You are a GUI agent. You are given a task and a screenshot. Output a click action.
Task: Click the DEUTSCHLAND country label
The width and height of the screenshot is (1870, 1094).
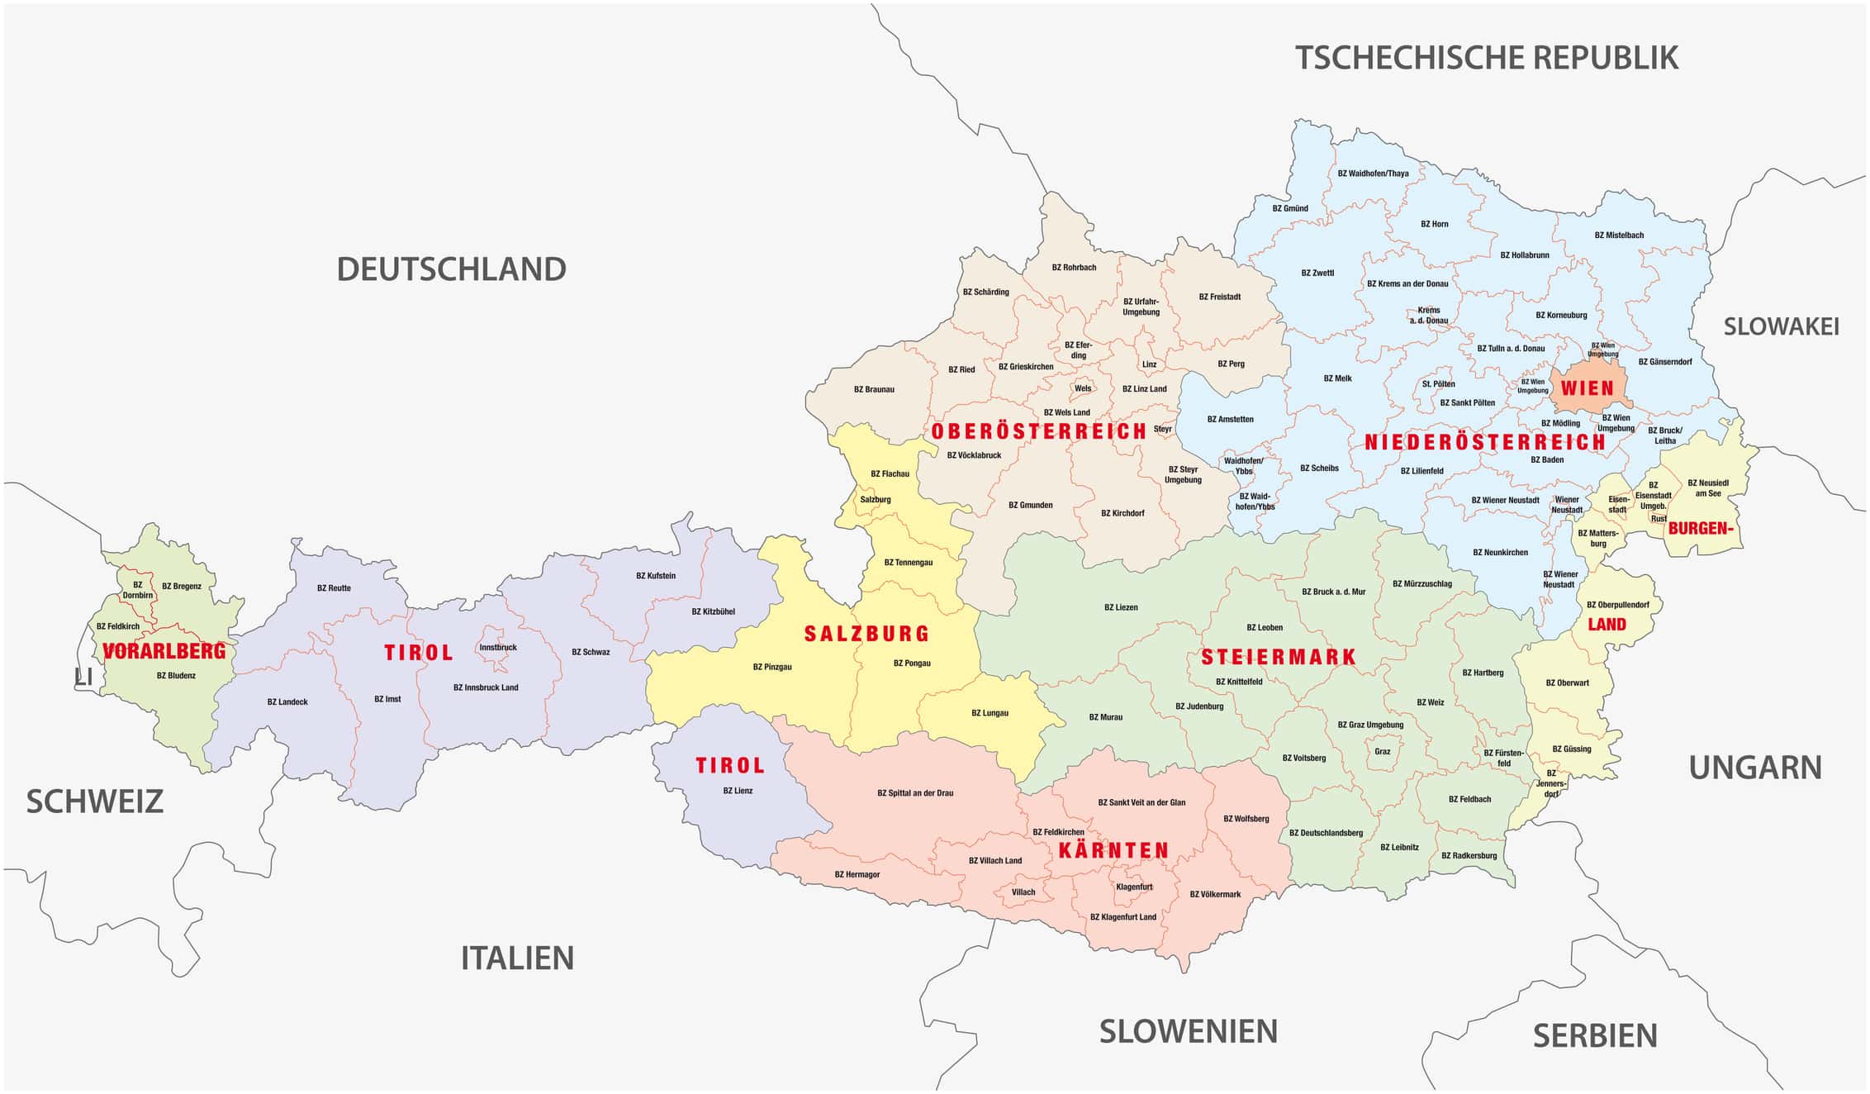(x=451, y=269)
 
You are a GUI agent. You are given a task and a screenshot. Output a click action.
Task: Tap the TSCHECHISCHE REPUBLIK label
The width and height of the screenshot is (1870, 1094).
(x=1486, y=58)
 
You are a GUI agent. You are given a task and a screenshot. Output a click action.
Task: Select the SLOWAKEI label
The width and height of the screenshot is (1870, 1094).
(x=1781, y=326)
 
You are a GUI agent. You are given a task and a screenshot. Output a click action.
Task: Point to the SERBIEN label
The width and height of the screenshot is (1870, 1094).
(x=1595, y=1035)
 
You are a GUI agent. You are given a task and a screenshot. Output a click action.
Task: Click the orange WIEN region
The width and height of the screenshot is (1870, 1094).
(x=1587, y=388)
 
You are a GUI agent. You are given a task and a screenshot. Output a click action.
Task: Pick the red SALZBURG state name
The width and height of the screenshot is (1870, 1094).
(x=866, y=634)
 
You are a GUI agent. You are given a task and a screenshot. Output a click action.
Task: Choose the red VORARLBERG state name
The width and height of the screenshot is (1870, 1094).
(x=164, y=651)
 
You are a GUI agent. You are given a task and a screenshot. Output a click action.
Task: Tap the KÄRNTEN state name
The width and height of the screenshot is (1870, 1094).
(x=1113, y=850)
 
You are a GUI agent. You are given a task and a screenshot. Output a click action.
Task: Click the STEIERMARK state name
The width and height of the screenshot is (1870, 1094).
(x=1278, y=658)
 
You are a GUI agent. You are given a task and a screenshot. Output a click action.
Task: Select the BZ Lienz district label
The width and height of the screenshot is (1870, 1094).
(x=738, y=791)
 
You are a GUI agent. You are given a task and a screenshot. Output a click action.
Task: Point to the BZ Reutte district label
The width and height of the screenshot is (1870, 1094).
(x=334, y=588)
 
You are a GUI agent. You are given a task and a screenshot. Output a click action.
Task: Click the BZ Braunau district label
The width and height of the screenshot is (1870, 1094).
(x=874, y=389)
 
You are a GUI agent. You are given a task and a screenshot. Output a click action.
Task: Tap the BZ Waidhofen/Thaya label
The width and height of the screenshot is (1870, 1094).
(x=1373, y=174)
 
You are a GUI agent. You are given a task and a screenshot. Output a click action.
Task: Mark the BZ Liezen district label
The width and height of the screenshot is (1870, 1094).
(x=1121, y=607)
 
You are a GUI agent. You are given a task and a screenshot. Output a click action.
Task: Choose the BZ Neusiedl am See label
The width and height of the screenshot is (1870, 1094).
(x=1708, y=488)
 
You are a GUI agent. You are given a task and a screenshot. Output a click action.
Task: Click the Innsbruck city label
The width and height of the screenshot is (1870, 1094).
(x=498, y=647)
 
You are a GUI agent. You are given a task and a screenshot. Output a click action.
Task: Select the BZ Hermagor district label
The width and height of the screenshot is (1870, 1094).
(x=857, y=874)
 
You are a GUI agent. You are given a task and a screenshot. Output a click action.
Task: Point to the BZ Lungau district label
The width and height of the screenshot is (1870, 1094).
(x=990, y=713)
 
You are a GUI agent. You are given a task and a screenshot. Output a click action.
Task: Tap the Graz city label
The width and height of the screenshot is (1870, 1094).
(x=1382, y=752)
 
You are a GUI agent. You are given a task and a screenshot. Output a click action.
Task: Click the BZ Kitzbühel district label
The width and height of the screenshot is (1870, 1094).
(x=713, y=611)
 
